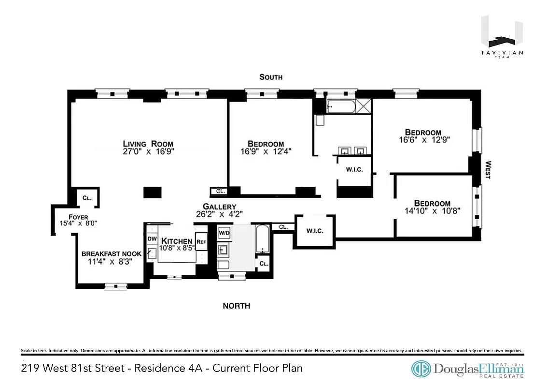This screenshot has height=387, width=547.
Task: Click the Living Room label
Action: [x=148, y=144]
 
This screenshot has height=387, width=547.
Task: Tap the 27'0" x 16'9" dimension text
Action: [x=148, y=151]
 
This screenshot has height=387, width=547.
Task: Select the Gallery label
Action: [x=219, y=207]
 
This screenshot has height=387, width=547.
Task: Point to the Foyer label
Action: [x=78, y=217]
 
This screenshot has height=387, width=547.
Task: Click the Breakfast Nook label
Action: [x=112, y=253]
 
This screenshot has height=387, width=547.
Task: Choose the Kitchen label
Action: [x=177, y=241]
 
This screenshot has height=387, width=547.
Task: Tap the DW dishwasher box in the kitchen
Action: [x=151, y=238]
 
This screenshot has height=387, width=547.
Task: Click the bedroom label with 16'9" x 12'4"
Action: [x=266, y=144]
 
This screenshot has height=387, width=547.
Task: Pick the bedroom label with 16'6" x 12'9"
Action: [x=423, y=132]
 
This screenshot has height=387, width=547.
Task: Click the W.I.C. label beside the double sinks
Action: [x=354, y=169]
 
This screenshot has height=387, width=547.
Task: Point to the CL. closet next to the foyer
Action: [x=87, y=198]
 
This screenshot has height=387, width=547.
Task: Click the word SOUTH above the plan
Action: [x=271, y=77]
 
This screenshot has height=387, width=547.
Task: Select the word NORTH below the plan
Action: [x=236, y=306]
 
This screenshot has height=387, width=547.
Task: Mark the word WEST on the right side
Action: [x=488, y=170]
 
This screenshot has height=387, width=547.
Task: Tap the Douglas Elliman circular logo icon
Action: [x=421, y=369]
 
